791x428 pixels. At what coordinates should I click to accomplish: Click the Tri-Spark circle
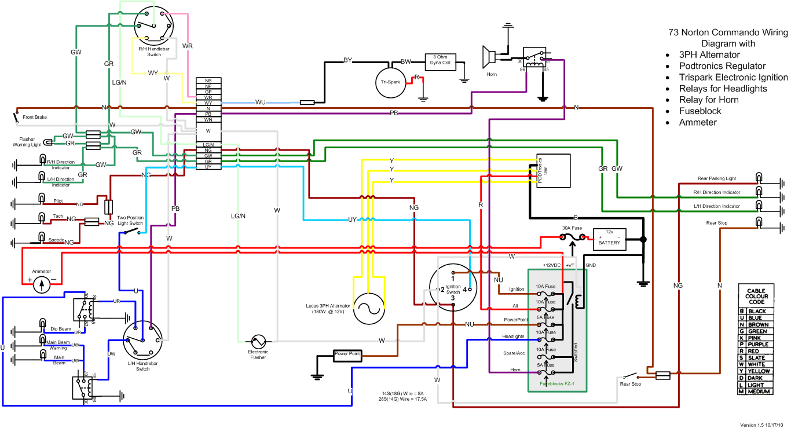pos(390,82)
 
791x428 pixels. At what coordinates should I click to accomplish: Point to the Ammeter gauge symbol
pos(41,284)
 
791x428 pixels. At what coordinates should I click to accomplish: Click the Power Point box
pos(347,354)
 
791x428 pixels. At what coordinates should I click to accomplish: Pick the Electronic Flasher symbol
pos(258,341)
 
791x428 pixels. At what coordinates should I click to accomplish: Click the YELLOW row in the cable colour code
pos(756,371)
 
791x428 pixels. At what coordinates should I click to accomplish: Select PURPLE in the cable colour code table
pos(756,344)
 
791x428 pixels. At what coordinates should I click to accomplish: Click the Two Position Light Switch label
pos(131,221)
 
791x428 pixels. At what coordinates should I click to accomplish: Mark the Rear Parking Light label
pos(717,178)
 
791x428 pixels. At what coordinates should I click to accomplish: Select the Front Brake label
pos(35,118)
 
